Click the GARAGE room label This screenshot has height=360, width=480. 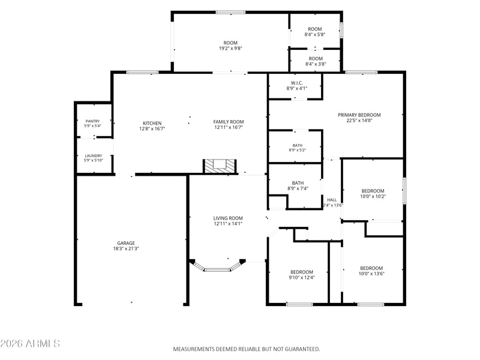[x=126, y=243]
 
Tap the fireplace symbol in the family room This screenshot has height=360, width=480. [x=220, y=166]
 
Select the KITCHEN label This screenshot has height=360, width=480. [x=152, y=124]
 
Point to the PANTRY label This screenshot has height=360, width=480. [x=92, y=121]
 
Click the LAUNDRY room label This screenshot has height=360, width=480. [x=94, y=156]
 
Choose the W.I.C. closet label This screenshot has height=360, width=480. [x=296, y=83]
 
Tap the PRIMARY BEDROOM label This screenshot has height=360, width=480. [x=359, y=115]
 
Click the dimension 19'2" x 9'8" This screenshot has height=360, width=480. [x=230, y=49]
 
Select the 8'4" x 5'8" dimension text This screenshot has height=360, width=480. [x=314, y=35]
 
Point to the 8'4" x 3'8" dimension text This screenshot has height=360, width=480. [x=316, y=64]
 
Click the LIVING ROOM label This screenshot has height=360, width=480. [x=228, y=218]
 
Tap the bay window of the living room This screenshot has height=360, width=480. [x=218, y=266]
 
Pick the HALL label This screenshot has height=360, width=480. [x=332, y=200]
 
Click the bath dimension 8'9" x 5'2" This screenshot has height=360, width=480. [x=298, y=150]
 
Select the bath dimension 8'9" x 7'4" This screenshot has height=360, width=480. [x=298, y=188]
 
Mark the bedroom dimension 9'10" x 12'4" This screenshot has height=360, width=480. [x=302, y=278]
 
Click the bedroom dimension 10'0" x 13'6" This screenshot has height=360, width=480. [x=371, y=274]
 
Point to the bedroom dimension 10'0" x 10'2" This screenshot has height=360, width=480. [x=373, y=197]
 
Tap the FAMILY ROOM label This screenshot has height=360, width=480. [x=229, y=122]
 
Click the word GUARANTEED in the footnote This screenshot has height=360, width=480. [x=302, y=349]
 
